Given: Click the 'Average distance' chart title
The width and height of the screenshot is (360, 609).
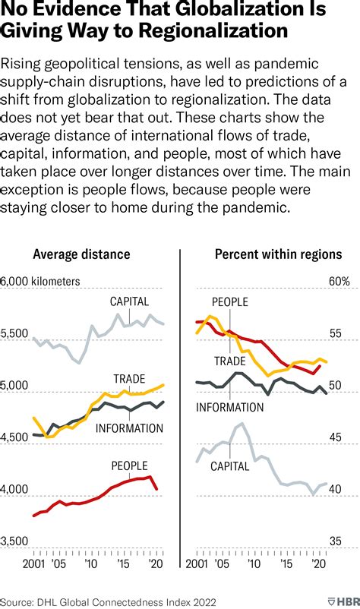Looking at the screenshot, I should click(81, 254).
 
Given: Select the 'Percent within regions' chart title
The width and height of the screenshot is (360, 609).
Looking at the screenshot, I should click(278, 254).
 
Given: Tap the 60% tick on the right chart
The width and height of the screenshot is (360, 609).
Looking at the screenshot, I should click(339, 281).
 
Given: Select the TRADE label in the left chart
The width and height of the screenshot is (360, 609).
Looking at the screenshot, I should click(129, 379).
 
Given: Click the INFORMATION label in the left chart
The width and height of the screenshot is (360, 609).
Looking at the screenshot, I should click(129, 428).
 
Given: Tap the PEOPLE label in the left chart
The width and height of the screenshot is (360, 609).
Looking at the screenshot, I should click(129, 465).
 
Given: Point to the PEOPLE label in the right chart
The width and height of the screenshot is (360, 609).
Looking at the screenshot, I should click(229, 302).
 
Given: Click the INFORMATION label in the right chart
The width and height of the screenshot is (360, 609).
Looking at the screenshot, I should click(230, 408).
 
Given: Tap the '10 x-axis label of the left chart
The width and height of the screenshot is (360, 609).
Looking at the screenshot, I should click(90, 566).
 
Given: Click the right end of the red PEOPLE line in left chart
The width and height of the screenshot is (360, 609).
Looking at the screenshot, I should click(157, 490).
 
